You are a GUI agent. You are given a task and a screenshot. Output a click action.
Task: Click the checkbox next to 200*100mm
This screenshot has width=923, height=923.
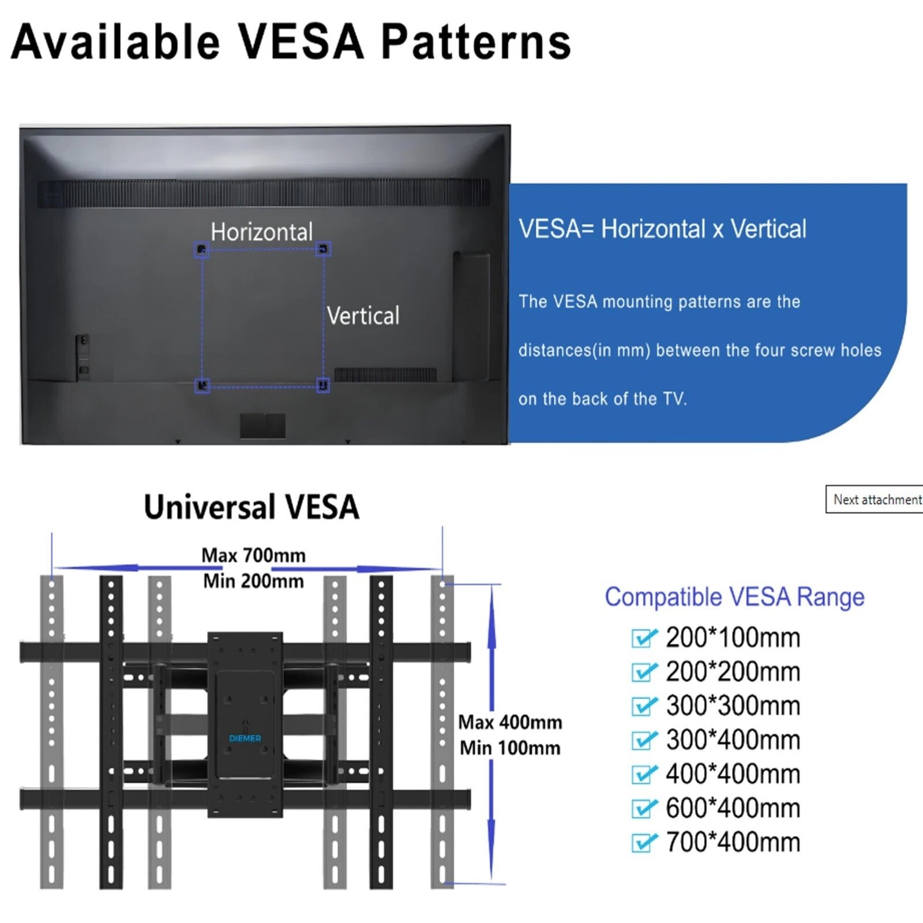pos(643,638)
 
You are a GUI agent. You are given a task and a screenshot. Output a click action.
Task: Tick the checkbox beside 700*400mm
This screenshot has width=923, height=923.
pos(643,843)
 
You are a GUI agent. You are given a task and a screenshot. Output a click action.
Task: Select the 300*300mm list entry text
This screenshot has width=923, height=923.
pos(733,706)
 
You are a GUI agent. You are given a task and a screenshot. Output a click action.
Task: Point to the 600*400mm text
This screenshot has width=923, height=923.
pos(733,808)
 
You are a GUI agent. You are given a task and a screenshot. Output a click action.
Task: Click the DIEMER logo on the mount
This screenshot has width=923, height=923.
pos(245,738)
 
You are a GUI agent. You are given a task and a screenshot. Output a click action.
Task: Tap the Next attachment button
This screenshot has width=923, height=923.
pos(876,500)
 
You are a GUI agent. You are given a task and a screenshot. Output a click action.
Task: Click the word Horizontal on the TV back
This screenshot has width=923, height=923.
pos(261,232)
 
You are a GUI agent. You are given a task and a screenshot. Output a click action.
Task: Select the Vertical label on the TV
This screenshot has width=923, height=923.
pos(363,316)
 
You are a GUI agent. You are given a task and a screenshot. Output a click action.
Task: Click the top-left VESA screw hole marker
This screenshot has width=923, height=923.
pos(201,250)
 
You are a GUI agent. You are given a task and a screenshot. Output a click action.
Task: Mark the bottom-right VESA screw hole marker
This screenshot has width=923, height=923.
pos(323,385)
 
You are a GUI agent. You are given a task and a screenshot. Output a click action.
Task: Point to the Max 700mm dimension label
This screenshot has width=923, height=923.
pos(253,555)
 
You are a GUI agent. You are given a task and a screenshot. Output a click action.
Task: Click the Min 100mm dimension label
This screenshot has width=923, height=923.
pos(510,748)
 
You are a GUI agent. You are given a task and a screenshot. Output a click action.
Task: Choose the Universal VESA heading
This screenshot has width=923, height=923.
pos(252,507)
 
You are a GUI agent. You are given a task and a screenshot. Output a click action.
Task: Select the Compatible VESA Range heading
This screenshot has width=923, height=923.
pos(734,596)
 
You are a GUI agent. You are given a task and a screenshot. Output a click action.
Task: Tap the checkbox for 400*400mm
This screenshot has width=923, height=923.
pos(643,774)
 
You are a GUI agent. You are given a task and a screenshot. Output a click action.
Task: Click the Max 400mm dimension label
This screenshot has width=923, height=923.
pos(510,722)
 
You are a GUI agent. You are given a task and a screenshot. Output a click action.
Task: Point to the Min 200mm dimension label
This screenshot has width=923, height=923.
pos(253,580)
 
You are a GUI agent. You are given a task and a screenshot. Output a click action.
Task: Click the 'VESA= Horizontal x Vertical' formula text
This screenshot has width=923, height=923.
pos(662,229)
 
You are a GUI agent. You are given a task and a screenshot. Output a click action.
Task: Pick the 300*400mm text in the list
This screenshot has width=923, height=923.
pos(733,740)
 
